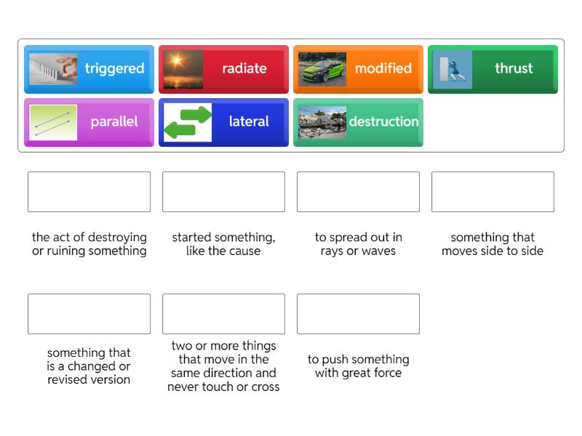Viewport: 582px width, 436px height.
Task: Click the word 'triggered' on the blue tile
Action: [114, 68]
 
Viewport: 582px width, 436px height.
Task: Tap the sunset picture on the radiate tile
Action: [183, 69]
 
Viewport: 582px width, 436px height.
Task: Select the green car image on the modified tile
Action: [322, 69]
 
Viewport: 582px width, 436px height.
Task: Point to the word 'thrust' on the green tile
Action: [514, 68]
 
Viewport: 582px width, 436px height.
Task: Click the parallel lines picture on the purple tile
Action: [53, 122]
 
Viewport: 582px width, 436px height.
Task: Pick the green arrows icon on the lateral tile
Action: [188, 122]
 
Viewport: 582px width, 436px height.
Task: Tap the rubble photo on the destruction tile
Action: [322, 122]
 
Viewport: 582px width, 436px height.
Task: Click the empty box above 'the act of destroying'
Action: [89, 192]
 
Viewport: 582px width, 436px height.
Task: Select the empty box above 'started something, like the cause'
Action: [223, 192]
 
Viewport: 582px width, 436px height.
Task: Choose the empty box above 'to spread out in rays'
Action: [358, 192]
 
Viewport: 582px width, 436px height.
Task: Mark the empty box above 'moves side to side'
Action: [493, 192]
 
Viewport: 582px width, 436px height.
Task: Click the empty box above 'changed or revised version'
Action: [89, 314]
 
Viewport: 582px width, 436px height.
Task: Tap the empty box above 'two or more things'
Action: [223, 314]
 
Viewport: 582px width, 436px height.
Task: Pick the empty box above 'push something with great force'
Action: [358, 314]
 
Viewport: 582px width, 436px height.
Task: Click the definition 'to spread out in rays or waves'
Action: [358, 244]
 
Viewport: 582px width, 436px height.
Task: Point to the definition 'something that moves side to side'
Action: [493, 244]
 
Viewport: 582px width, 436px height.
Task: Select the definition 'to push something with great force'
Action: [358, 366]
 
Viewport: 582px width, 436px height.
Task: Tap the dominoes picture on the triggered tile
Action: [53, 69]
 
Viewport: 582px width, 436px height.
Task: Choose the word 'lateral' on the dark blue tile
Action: [249, 121]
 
